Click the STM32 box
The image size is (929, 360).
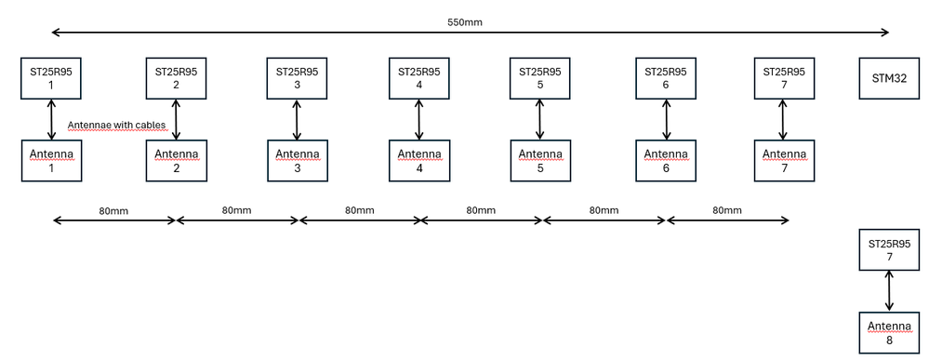pyautogui.click(x=890, y=78)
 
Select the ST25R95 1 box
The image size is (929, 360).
pyautogui.click(x=51, y=78)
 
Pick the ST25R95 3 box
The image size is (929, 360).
pyautogui.click(x=298, y=78)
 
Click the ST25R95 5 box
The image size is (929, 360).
pyautogui.click(x=540, y=78)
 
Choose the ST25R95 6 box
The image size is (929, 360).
pyautogui.click(x=666, y=78)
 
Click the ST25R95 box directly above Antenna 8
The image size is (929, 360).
pyautogui.click(x=890, y=249)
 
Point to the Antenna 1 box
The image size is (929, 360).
pyautogui.click(x=51, y=160)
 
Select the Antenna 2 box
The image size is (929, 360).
pyautogui.click(x=176, y=160)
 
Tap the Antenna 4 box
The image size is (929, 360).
pyautogui.click(x=419, y=160)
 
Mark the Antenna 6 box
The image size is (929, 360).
pyautogui.click(x=666, y=160)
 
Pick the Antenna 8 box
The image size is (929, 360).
pyautogui.click(x=890, y=332)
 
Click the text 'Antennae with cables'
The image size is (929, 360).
pyautogui.click(x=117, y=125)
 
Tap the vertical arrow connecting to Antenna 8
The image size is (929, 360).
pyautogui.click(x=890, y=291)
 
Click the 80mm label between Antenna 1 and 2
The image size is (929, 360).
pyautogui.click(x=113, y=210)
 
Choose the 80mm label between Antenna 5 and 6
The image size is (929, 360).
pyautogui.click(x=604, y=210)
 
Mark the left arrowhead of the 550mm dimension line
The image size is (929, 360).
pyautogui.click(x=56, y=33)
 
